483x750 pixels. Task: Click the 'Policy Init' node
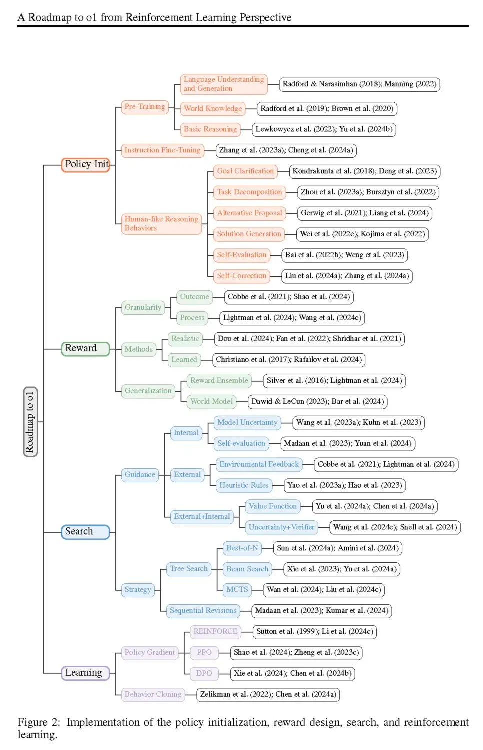pyautogui.click(x=86, y=164)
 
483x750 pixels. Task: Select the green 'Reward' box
pyautogui.click(x=85, y=348)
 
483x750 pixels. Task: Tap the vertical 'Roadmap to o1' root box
pyautogui.click(x=30, y=422)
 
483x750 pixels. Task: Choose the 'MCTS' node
pyautogui.click(x=237, y=590)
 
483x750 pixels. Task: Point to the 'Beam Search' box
pyautogui.click(x=247, y=569)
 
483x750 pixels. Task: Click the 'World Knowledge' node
pyautogui.click(x=213, y=108)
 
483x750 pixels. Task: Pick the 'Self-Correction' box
pyautogui.click(x=242, y=276)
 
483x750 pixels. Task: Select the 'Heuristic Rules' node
pyautogui.click(x=244, y=485)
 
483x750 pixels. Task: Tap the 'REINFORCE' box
pyautogui.click(x=215, y=631)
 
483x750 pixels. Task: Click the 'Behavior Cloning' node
pyautogui.click(x=153, y=694)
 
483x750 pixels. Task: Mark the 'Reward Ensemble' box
pyautogui.click(x=219, y=381)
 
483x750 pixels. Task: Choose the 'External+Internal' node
pyautogui.click(x=202, y=516)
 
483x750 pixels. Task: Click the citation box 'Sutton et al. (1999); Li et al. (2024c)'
pyautogui.click(x=314, y=631)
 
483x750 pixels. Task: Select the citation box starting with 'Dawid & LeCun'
pyautogui.click(x=317, y=402)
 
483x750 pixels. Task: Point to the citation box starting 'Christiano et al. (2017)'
pyautogui.click(x=288, y=360)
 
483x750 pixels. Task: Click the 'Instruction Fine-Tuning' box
pyautogui.click(x=162, y=150)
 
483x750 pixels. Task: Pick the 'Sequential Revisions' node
pyautogui.click(x=203, y=611)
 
